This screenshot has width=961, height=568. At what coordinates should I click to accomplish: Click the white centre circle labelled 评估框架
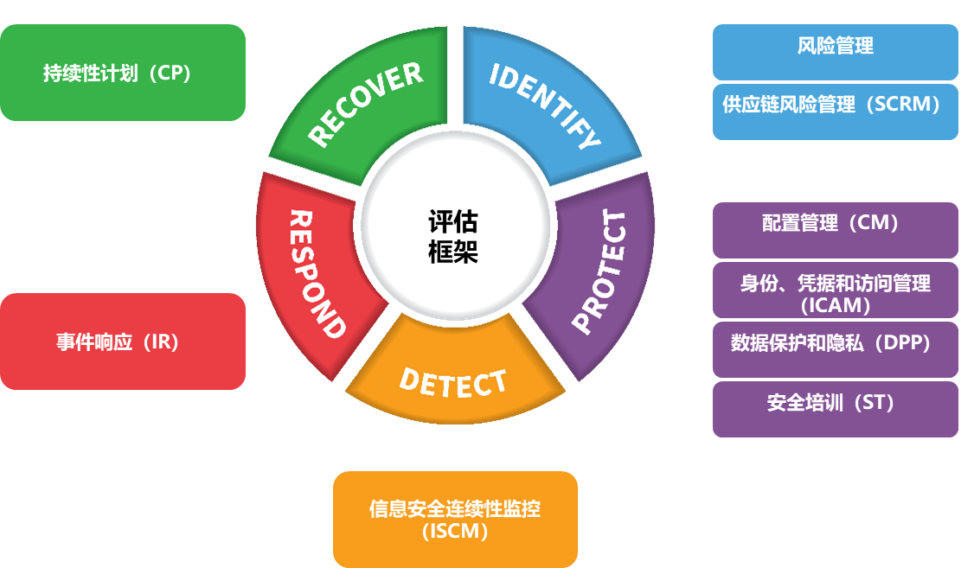(455, 236)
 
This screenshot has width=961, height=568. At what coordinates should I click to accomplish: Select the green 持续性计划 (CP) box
(123, 73)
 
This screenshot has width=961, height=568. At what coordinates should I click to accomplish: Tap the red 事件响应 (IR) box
(123, 341)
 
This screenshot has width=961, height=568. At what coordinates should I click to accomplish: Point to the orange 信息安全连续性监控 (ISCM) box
(455, 519)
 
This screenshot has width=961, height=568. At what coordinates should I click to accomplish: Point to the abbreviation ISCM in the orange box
(456, 531)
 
